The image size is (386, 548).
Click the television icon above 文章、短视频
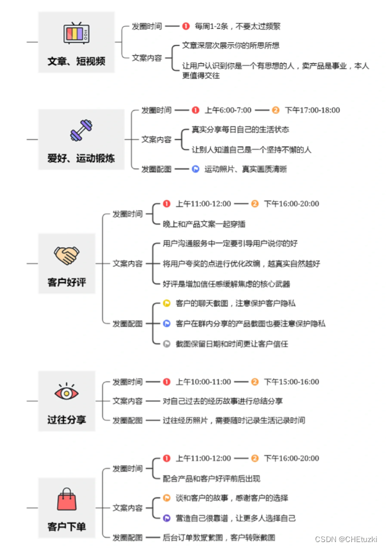(x=76, y=34)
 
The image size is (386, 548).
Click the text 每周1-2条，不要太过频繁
(x=238, y=26)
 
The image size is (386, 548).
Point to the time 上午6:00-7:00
(x=228, y=110)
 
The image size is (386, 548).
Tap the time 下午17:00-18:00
(x=312, y=110)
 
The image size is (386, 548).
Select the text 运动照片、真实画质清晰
(x=245, y=169)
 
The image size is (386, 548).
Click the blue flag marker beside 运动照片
(x=195, y=169)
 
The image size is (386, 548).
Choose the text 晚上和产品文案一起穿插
(x=204, y=224)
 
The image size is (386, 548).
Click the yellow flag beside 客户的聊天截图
(x=167, y=303)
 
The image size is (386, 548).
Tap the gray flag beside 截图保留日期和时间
(x=167, y=343)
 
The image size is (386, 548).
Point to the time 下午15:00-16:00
(x=291, y=382)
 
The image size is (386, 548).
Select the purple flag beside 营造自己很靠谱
(x=167, y=518)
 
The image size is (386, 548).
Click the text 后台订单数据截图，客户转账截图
(x=219, y=537)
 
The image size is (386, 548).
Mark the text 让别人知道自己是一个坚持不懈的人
(x=251, y=150)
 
